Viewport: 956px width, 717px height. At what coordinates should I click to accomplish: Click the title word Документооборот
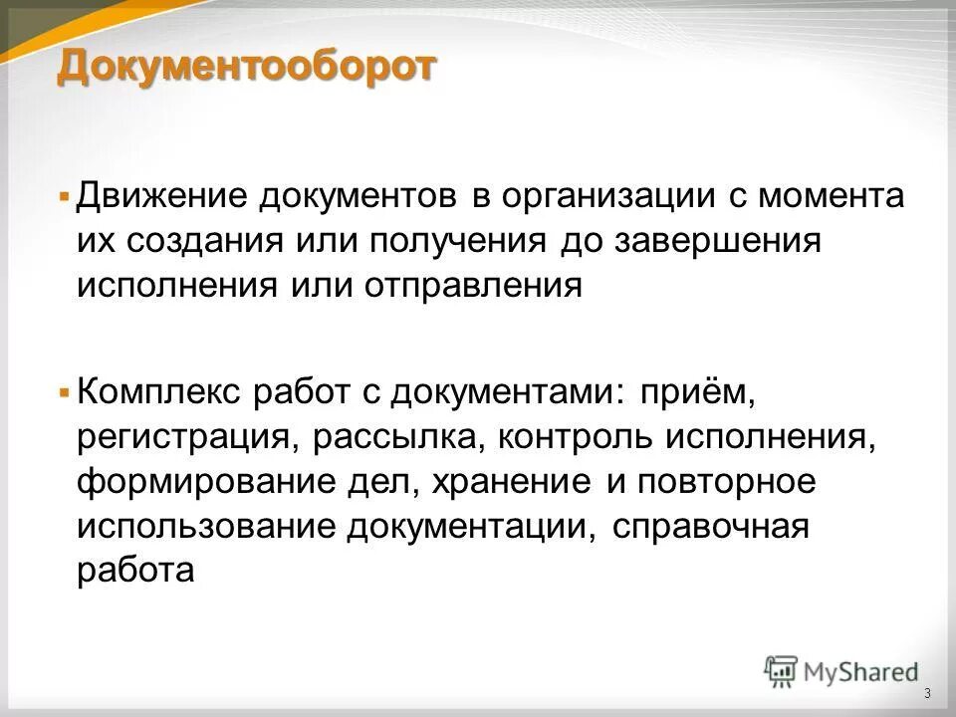[246, 68]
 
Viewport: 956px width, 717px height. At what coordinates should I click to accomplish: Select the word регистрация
[188, 436]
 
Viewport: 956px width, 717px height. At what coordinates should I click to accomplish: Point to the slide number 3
[927, 693]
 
